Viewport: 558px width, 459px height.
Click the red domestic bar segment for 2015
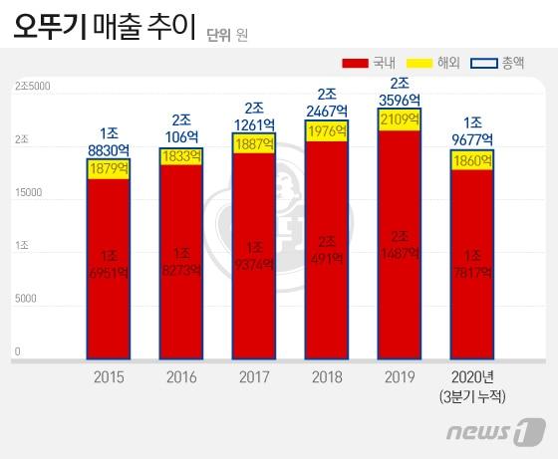point(108,269)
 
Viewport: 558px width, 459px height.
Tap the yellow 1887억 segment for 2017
point(254,144)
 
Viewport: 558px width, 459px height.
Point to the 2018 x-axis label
point(327,377)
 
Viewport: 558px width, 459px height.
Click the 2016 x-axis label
point(180,377)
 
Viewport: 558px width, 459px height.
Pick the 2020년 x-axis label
point(473,377)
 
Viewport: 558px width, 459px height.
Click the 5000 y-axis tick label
point(25,299)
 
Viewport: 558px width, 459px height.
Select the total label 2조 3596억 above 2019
point(400,91)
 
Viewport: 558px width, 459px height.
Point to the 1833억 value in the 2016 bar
point(180,155)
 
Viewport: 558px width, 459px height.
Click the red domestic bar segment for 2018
point(327,249)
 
